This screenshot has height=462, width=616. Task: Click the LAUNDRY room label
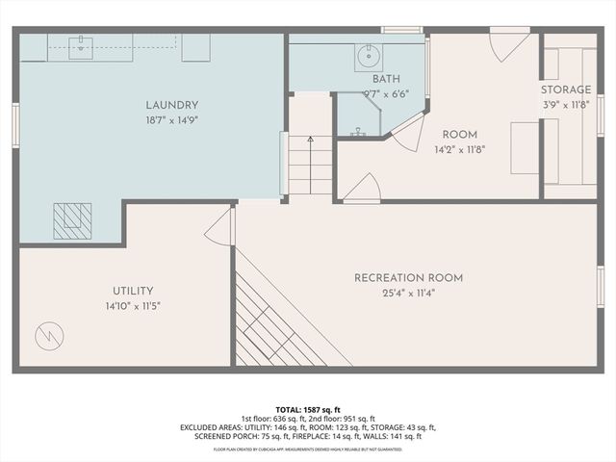pyautogui.click(x=172, y=105)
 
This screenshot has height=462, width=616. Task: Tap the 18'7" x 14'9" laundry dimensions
pyautogui.click(x=172, y=121)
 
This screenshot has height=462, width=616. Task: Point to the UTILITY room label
pyautogui.click(x=132, y=291)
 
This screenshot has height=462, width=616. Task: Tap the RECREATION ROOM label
pyautogui.click(x=408, y=278)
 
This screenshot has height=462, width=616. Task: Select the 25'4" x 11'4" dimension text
pyautogui.click(x=408, y=295)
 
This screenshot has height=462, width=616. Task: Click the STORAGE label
pyautogui.click(x=566, y=90)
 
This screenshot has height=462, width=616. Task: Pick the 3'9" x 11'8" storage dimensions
pyautogui.click(x=566, y=106)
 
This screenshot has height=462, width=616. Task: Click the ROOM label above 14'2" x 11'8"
pyautogui.click(x=460, y=134)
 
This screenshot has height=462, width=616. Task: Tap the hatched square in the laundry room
pyautogui.click(x=72, y=221)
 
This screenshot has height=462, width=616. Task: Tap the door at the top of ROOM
pyautogui.click(x=508, y=43)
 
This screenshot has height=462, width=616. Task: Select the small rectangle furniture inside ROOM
pyautogui.click(x=525, y=147)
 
